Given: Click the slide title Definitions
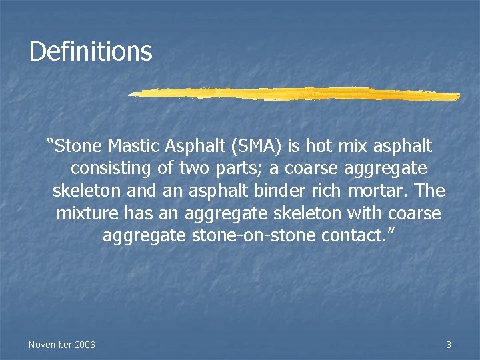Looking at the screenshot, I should click(x=91, y=51).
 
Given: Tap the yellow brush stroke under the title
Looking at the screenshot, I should click(x=293, y=94).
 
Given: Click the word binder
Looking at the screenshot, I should click(x=293, y=191).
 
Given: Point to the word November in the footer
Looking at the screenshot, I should click(x=50, y=345).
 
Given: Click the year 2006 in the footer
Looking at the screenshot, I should click(x=85, y=345).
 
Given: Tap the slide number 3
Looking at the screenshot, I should click(x=448, y=345).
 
